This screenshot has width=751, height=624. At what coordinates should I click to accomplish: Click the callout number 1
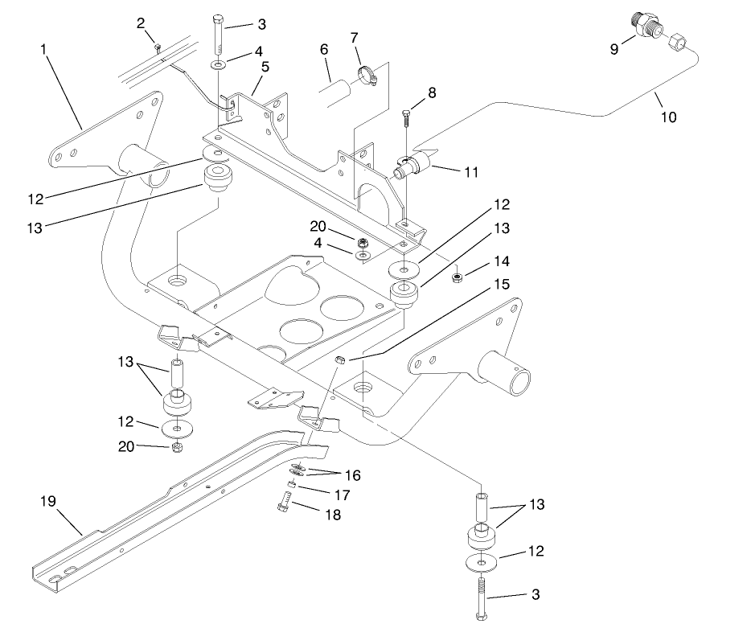(43, 50)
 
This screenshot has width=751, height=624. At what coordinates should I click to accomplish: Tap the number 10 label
(669, 117)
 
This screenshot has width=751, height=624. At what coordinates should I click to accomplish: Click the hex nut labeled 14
(456, 277)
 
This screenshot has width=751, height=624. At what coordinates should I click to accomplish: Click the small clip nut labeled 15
(339, 359)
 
